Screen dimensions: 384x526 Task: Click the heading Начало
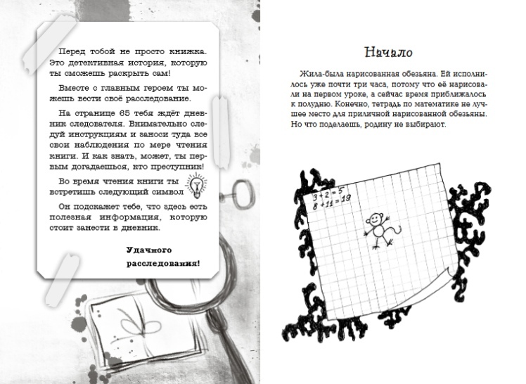click(x=388, y=52)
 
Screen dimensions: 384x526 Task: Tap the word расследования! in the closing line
click(x=162, y=264)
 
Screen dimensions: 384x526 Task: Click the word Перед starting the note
click(x=72, y=53)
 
